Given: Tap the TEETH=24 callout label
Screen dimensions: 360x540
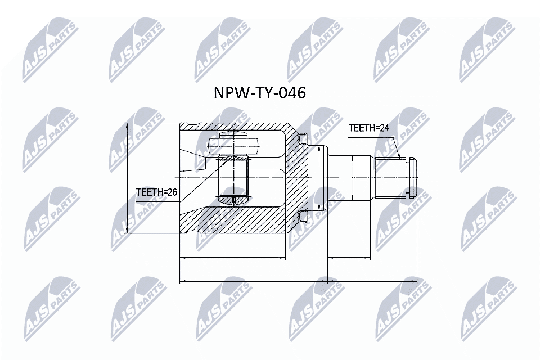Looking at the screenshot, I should [x=368, y=128].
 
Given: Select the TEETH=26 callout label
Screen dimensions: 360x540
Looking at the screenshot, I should [x=156, y=192].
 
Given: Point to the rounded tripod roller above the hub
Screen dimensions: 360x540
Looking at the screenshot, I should [x=233, y=144].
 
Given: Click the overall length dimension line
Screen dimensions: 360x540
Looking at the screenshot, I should [x=298, y=280].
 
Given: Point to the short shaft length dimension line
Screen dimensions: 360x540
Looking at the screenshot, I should [x=349, y=258].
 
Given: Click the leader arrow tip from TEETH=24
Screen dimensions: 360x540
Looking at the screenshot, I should [x=400, y=159].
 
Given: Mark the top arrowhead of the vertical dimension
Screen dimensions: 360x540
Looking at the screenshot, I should [x=128, y=126].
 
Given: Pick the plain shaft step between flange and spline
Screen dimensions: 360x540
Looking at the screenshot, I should [x=363, y=177].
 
